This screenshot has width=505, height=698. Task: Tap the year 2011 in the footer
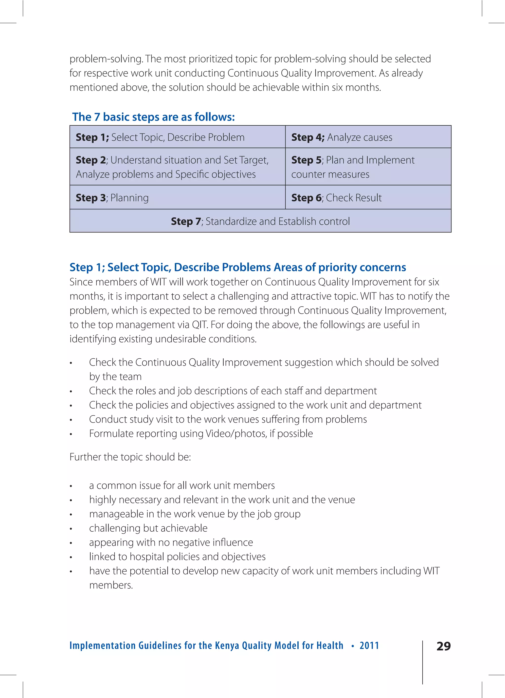click(369, 645)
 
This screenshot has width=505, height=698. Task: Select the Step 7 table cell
click(260, 221)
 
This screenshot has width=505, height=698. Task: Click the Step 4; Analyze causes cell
click(368, 137)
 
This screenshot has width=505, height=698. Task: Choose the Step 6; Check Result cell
click(368, 197)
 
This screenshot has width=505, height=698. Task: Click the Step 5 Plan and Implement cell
click(368, 167)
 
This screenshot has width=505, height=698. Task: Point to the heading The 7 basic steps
click(153, 117)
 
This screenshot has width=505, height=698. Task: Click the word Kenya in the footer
click(227, 645)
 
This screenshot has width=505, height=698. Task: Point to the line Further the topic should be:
click(130, 457)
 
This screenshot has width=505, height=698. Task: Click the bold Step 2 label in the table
click(91, 160)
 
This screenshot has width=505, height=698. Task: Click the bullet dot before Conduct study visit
click(71, 420)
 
